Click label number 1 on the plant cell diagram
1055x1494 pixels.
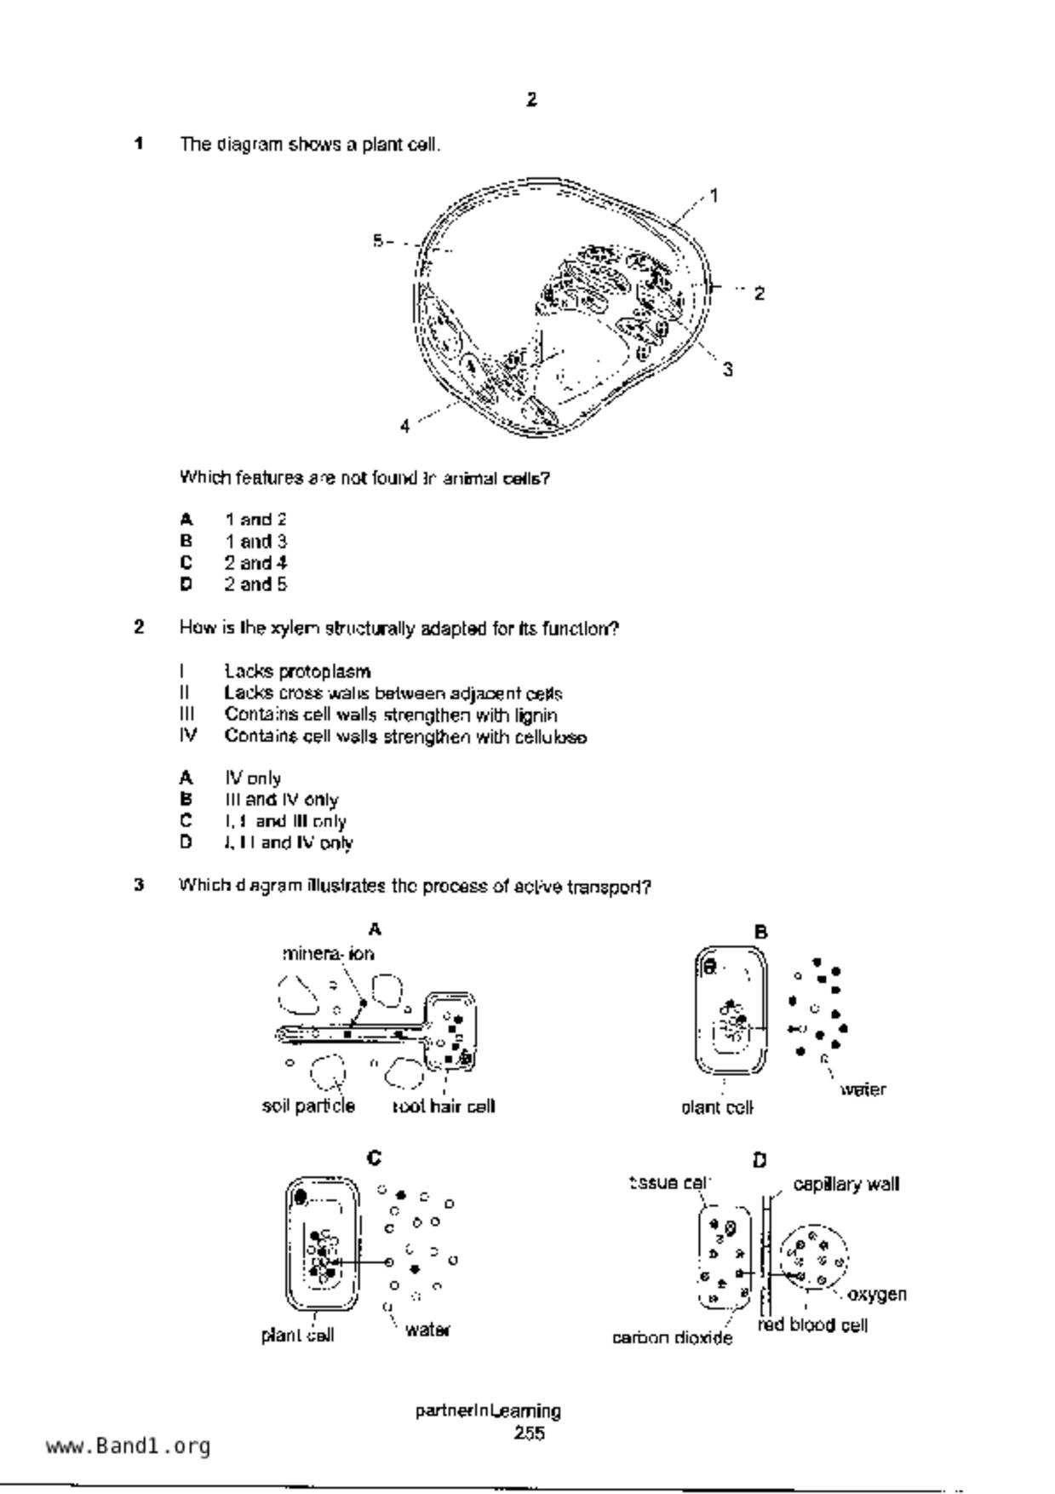714,196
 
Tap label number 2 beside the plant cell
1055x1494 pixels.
759,294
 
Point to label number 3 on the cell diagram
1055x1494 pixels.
727,370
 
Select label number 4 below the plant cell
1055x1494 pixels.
404,426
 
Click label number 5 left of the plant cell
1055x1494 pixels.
377,241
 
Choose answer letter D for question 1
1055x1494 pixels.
186,584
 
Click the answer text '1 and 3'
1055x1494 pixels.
255,541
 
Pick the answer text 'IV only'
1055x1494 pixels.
253,778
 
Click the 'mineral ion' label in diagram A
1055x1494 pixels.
328,954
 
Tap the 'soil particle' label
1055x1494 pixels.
308,1106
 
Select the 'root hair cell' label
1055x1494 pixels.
444,1106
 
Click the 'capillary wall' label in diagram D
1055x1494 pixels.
846,1184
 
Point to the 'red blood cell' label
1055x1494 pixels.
812,1325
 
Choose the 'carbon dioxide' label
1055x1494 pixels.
672,1338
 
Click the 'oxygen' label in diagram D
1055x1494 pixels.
877,1295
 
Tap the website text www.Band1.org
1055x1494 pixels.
129,1446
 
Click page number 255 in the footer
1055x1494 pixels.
529,1434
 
